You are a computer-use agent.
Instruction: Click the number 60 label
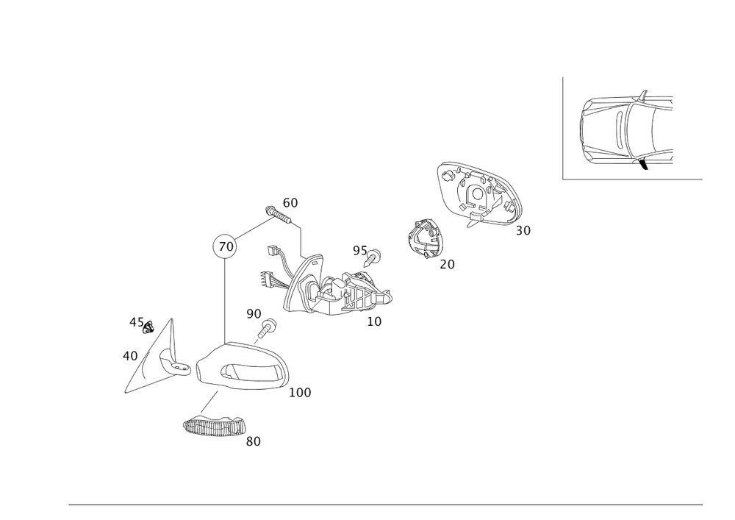tap(290, 202)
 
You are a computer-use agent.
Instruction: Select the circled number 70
tap(226, 246)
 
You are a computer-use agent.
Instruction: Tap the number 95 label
tap(359, 251)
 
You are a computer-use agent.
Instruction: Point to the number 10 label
tap(374, 321)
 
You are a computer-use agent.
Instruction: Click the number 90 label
tap(254, 314)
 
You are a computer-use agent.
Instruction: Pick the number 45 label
tap(135, 321)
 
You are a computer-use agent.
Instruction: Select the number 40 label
tap(130, 356)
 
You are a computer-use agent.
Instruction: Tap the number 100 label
tap(301, 393)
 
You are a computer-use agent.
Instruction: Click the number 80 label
tap(254, 441)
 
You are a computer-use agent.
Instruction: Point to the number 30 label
tap(523, 231)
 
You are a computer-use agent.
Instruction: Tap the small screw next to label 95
tap(376, 255)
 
